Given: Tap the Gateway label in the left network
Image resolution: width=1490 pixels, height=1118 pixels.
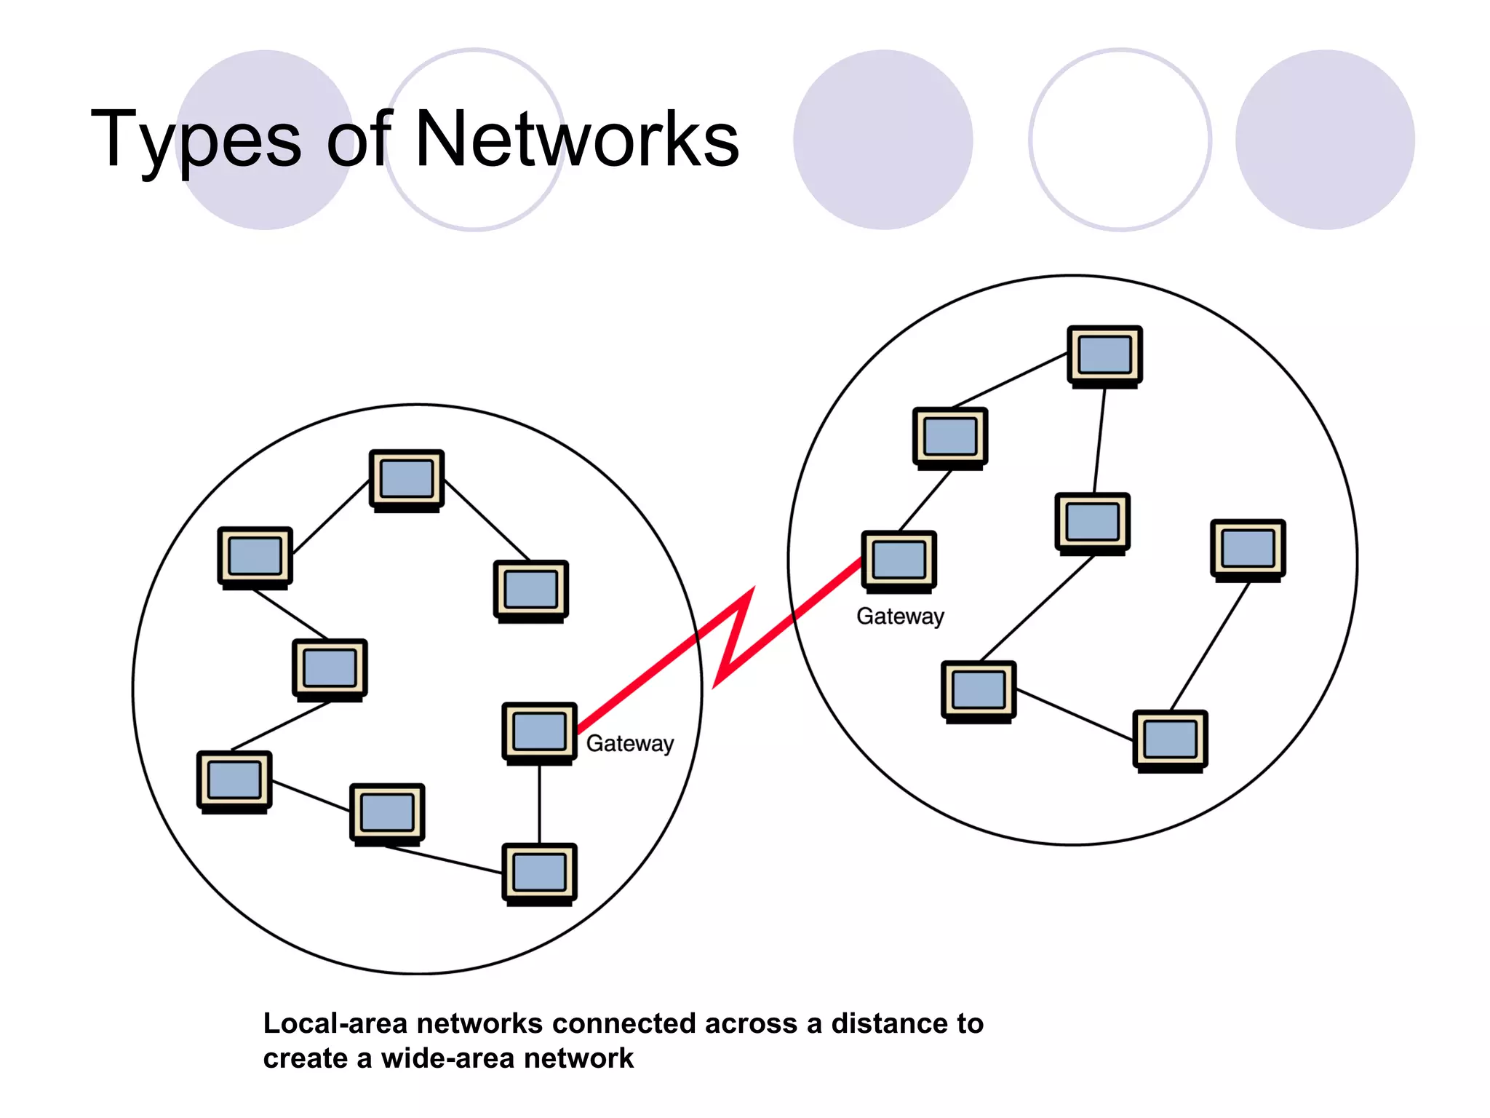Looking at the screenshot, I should click(x=629, y=743).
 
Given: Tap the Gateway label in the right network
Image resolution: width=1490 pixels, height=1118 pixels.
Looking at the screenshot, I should click(x=900, y=617).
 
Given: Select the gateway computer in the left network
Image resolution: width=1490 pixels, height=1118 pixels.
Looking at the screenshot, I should click(x=539, y=732).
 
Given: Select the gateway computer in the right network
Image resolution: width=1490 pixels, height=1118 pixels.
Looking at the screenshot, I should click(x=899, y=560).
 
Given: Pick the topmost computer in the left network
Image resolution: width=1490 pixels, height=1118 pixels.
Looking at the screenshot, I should click(x=406, y=480).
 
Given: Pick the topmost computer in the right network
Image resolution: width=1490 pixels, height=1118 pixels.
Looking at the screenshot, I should click(x=1104, y=355).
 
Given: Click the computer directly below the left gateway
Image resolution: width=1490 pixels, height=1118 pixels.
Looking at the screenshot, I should click(x=539, y=873).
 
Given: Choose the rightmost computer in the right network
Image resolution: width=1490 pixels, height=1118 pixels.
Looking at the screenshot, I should click(x=1248, y=549).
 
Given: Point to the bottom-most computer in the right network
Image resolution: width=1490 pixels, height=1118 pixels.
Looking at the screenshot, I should click(x=1170, y=740).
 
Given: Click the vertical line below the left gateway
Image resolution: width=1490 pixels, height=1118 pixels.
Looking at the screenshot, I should click(x=539, y=804).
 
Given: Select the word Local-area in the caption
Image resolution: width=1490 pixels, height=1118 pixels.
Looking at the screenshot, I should click(x=335, y=1023).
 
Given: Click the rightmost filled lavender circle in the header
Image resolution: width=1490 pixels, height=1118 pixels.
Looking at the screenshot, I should click(x=1324, y=140).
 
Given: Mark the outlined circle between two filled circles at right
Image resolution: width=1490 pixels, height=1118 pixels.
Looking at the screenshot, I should click(x=1120, y=140).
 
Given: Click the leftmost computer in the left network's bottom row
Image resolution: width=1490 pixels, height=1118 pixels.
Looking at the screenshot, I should click(x=234, y=780).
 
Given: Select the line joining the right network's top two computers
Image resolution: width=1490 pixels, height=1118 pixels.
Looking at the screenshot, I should click(x=1010, y=381).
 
